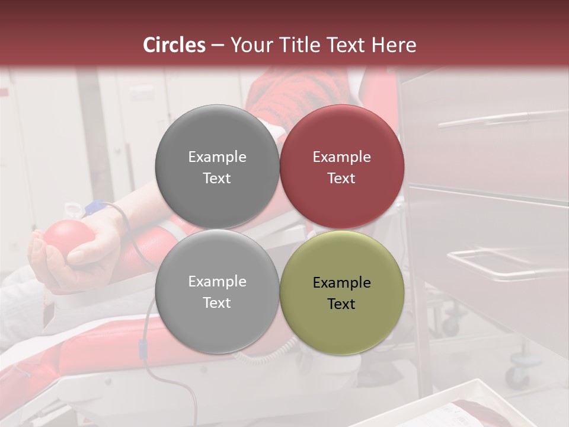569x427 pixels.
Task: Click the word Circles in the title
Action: pos(174,45)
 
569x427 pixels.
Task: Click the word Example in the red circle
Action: pos(341,157)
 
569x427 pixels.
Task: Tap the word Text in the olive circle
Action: pos(341,304)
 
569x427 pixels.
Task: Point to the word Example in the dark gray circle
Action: pos(217,157)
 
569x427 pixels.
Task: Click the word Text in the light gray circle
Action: pos(217,302)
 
